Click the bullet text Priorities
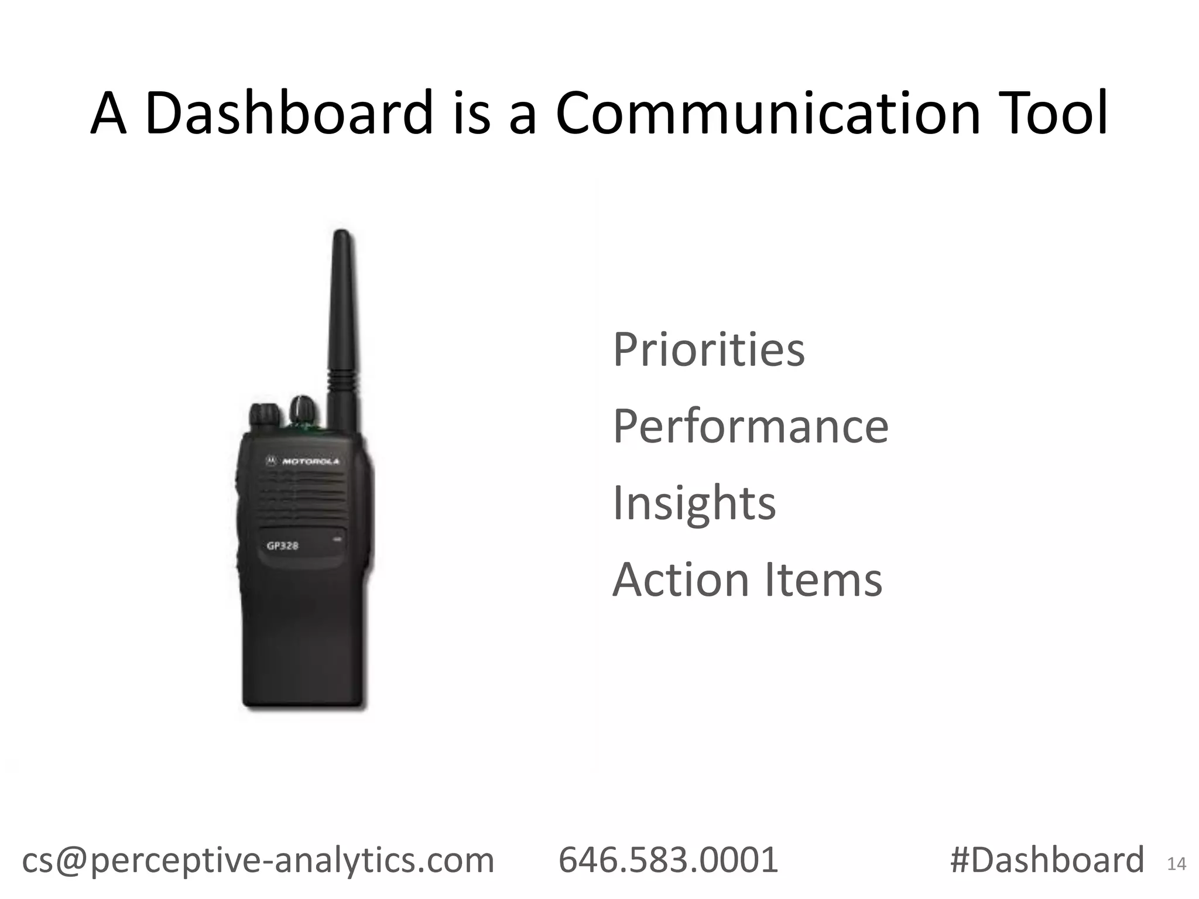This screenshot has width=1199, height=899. (x=708, y=350)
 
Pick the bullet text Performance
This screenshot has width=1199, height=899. (x=751, y=427)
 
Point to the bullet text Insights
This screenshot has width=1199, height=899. (x=694, y=503)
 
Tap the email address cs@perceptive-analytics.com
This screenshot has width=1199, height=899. (x=258, y=860)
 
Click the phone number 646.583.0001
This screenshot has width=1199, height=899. (x=668, y=860)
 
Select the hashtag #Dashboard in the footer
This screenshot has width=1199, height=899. (x=1047, y=860)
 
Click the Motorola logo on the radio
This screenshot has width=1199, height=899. (x=303, y=461)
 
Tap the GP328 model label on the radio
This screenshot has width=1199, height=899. (x=283, y=546)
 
